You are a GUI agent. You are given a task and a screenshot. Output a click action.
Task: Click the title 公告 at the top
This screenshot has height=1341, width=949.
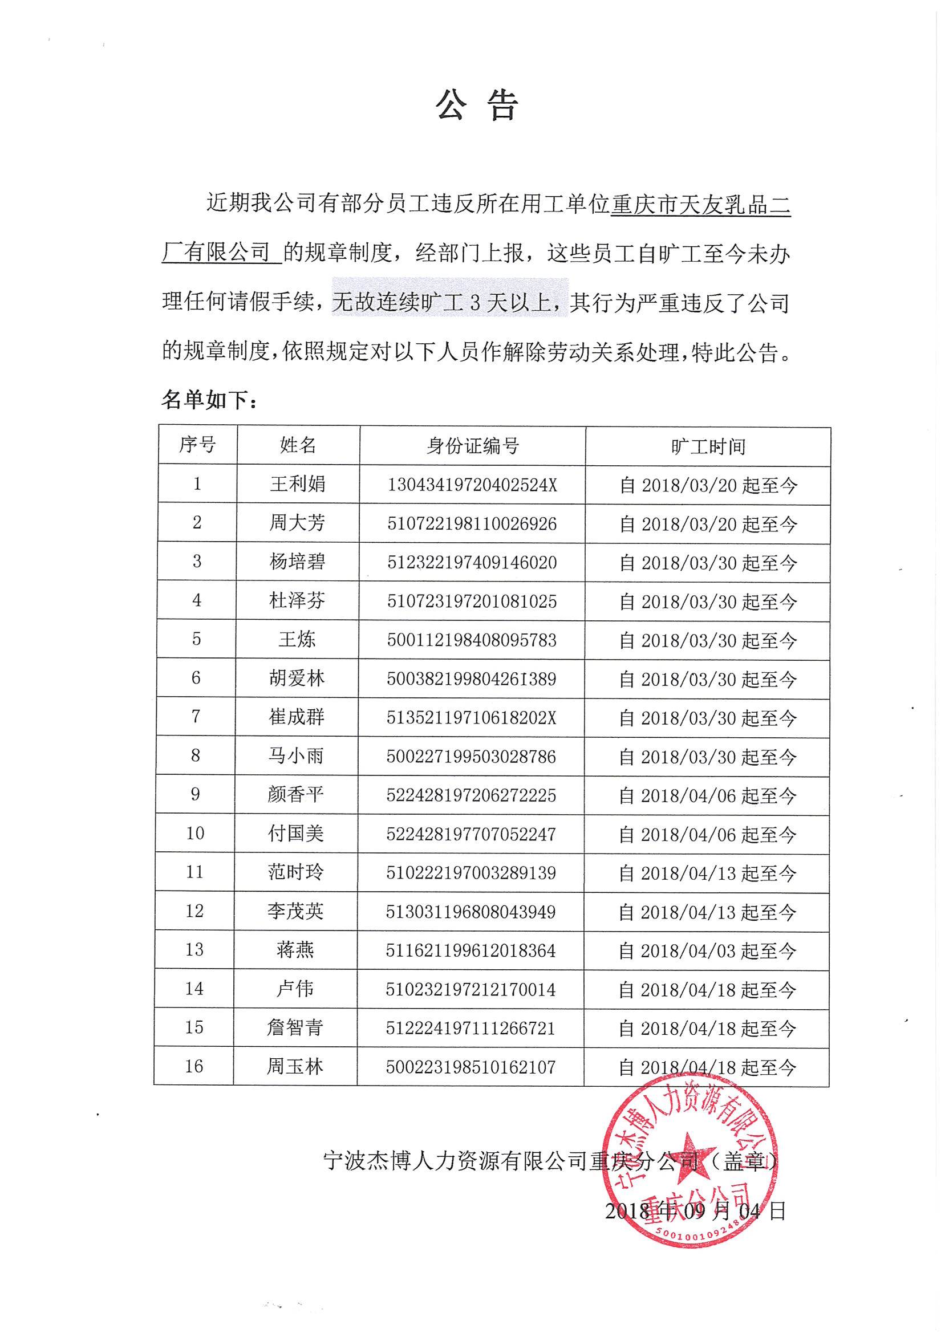(476, 105)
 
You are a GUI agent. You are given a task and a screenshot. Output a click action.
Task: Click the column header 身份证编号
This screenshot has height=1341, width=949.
(472, 446)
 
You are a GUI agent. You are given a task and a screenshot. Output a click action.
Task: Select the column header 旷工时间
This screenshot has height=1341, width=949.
(708, 447)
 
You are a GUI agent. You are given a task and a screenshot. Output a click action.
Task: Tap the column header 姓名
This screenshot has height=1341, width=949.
(298, 446)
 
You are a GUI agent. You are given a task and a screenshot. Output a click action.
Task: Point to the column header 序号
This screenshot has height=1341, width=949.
(197, 445)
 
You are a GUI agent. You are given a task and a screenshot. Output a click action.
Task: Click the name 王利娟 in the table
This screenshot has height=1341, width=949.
(298, 484)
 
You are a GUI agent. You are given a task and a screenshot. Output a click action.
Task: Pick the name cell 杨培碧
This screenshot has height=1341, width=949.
(298, 562)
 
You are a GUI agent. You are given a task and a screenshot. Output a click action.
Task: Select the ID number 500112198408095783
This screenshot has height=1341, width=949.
(472, 640)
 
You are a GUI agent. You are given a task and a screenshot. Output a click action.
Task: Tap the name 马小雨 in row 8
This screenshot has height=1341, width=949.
(295, 757)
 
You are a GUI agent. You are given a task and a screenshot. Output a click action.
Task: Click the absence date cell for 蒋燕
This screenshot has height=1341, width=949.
(707, 951)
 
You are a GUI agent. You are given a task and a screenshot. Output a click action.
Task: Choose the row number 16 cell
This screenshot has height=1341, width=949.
(194, 1067)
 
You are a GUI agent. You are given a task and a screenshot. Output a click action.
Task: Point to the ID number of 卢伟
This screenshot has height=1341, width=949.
(471, 989)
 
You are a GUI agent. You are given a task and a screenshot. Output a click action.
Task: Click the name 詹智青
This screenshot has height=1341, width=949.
(295, 1028)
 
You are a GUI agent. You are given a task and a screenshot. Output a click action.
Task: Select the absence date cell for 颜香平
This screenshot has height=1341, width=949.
(707, 795)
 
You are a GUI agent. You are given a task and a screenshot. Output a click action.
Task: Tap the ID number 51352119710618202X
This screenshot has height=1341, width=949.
(472, 718)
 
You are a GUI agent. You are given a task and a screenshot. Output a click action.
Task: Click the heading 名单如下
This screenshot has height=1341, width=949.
(209, 400)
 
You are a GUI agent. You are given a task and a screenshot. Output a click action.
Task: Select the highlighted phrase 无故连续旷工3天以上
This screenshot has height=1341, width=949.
(450, 303)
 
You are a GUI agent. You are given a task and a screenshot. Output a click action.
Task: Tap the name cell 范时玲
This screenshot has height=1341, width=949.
(295, 872)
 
